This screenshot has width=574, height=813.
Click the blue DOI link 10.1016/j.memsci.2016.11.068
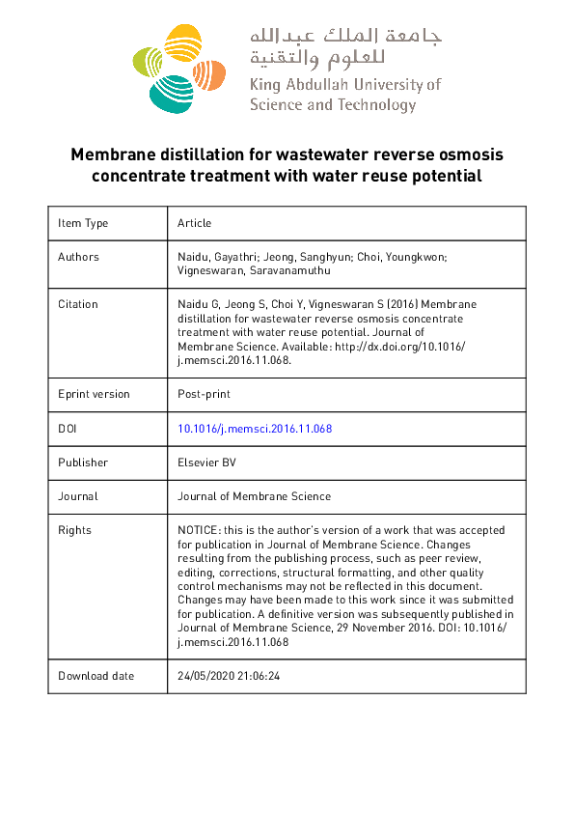click(255, 429)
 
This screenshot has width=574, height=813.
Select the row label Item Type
click(83, 223)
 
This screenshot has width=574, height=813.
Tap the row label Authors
click(78, 257)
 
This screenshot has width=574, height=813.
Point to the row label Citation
click(78, 304)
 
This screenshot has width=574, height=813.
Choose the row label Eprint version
click(94, 394)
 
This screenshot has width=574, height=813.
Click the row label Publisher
click(83, 463)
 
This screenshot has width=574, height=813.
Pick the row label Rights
click(74, 530)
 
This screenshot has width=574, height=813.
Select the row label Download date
click(96, 676)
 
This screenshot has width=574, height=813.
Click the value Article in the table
click(194, 223)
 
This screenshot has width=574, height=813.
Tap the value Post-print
click(204, 394)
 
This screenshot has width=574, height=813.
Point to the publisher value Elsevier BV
click(206, 463)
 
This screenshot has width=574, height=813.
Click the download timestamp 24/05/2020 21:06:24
click(229, 676)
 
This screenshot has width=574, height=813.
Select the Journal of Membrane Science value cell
click(254, 496)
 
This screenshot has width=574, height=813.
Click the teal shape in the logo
click(171, 92)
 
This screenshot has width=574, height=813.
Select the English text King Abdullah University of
click(344, 85)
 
